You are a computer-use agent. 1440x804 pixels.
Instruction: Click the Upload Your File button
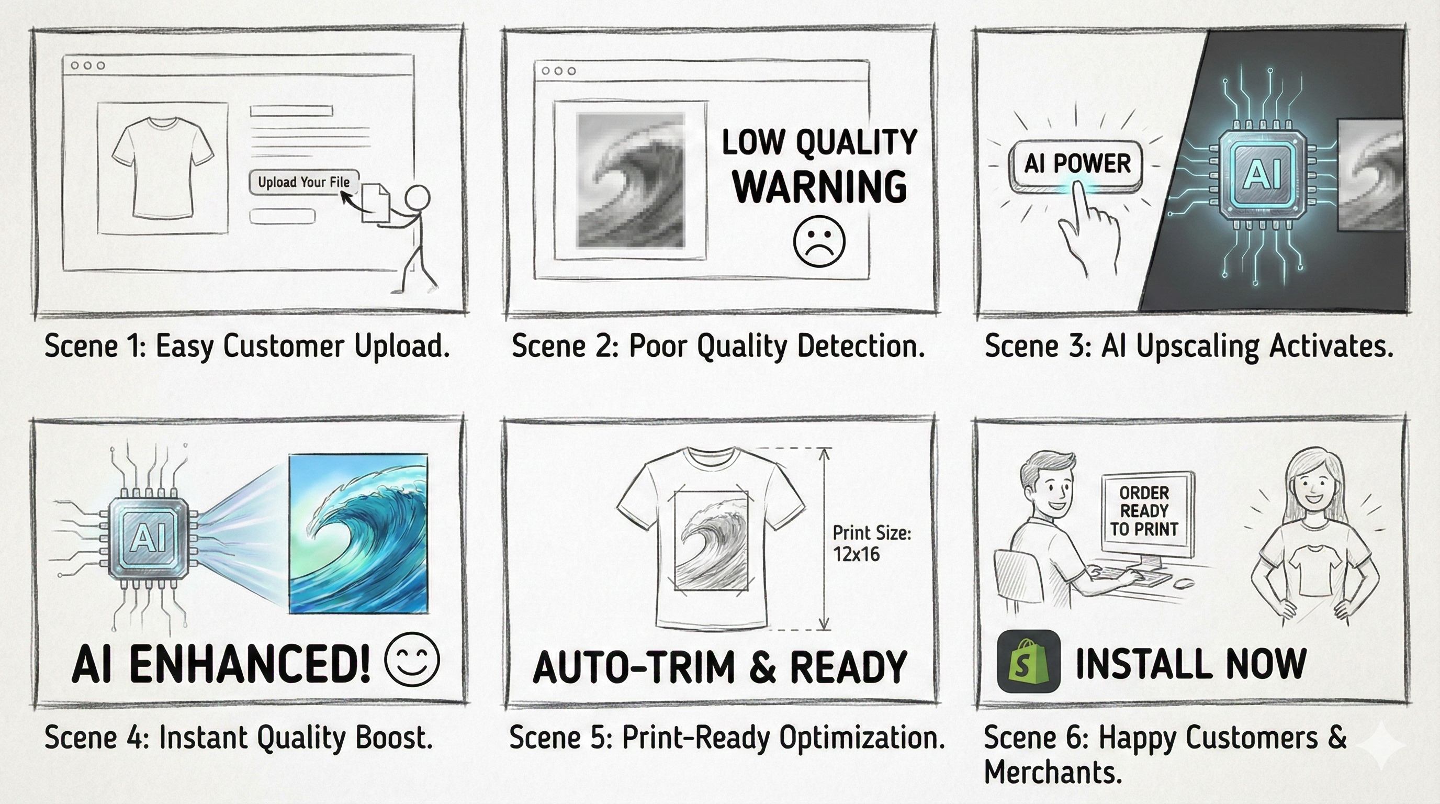[303, 182]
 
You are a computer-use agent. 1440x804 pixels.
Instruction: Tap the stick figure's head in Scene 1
[417, 198]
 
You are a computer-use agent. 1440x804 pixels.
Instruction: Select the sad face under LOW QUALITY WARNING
[819, 241]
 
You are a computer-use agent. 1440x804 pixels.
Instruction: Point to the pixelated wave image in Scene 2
[631, 180]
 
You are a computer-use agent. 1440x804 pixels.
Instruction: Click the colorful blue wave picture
[358, 533]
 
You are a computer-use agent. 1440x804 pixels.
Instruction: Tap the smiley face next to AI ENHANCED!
[412, 659]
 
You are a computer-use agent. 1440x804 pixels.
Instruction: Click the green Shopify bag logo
[1029, 661]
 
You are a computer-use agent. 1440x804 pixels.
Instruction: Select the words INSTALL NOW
[1191, 664]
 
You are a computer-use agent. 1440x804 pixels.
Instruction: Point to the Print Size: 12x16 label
[872, 543]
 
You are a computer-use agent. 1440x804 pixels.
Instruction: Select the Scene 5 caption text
[727, 738]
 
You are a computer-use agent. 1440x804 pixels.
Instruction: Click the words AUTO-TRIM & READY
[720, 666]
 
